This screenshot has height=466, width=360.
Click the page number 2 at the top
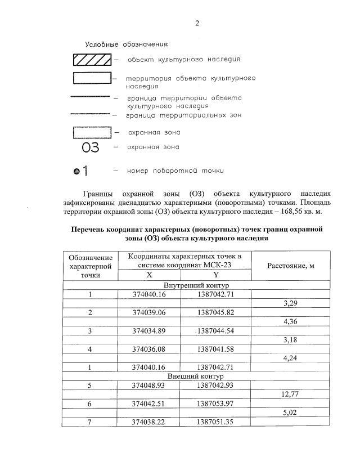[197, 23]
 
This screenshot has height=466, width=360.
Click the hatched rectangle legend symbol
[92, 59]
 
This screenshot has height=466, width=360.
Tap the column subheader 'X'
[149, 275]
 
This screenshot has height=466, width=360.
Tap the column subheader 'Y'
[215, 275]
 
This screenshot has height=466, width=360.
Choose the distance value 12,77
[289, 394]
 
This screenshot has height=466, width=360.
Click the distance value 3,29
[289, 303]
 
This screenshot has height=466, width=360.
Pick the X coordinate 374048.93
[149, 385]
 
